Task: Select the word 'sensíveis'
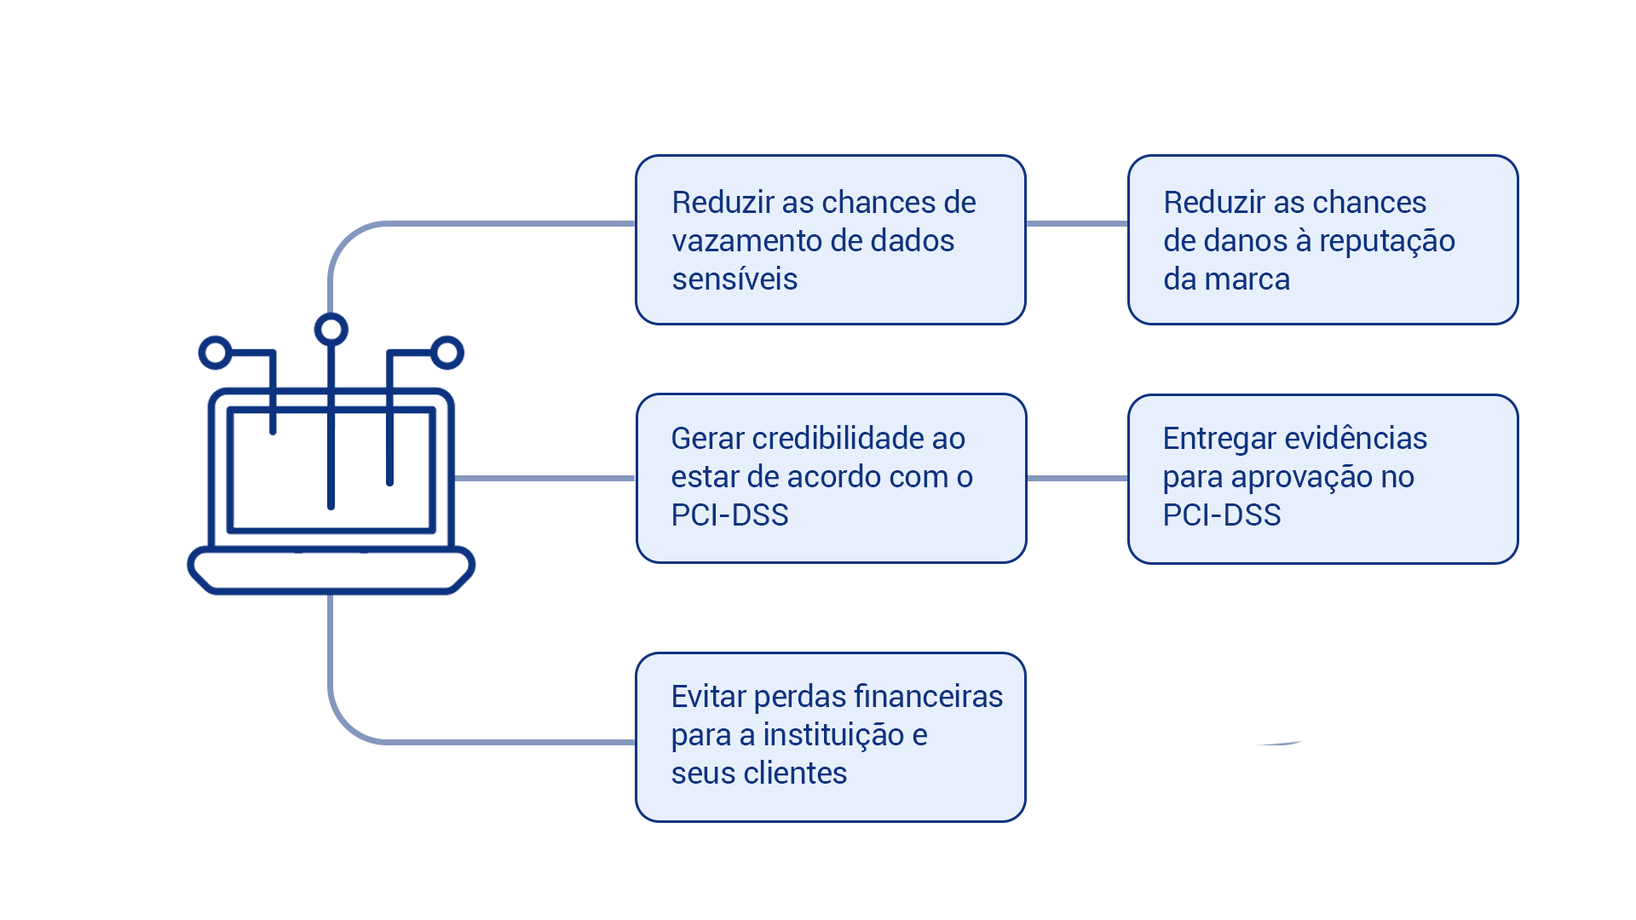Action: click(734, 279)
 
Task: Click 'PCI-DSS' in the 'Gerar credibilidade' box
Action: click(729, 515)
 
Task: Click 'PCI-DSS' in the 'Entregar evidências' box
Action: click(1221, 515)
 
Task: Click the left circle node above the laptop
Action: click(215, 353)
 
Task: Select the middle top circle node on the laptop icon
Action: click(331, 330)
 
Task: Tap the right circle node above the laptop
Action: click(446, 353)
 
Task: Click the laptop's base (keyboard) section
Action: click(331, 570)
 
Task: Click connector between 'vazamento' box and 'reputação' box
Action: click(1077, 224)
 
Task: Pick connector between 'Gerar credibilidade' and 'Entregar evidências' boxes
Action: click(1077, 478)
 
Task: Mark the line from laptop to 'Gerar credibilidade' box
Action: click(545, 478)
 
